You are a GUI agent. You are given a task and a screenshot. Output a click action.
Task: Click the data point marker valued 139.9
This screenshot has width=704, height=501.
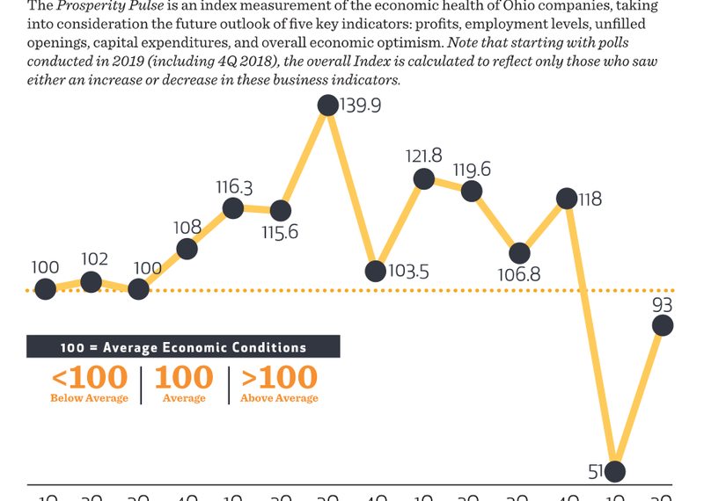[328, 105]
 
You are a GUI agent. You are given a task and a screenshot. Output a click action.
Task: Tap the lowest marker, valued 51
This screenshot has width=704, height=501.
[614, 471]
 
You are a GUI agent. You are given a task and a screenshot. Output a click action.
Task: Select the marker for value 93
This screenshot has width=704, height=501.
[662, 325]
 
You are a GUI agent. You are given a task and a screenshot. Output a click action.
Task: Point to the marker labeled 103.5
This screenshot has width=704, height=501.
[376, 271]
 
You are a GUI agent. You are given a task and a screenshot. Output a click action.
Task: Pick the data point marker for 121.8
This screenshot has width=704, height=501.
[424, 179]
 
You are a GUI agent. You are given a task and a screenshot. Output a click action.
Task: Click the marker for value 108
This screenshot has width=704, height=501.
[187, 250]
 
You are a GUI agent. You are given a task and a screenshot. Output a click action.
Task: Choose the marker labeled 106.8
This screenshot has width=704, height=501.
[520, 253]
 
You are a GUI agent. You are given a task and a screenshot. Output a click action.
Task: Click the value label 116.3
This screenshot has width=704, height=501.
[234, 187]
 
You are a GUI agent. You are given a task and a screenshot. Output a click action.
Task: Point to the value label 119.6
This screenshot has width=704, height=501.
[472, 170]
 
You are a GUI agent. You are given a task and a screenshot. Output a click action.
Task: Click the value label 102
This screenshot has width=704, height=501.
[94, 259]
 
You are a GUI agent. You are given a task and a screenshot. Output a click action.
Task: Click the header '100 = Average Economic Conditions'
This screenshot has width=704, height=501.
[183, 347]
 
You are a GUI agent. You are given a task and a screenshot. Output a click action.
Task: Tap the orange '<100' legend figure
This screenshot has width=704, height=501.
[89, 378]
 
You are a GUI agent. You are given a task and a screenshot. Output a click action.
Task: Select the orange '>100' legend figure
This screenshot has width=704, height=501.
[279, 378]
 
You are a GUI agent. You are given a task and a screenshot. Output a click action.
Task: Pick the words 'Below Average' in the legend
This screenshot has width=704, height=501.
[89, 399]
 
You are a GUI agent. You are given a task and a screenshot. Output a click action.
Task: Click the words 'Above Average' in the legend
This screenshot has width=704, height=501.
[279, 399]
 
